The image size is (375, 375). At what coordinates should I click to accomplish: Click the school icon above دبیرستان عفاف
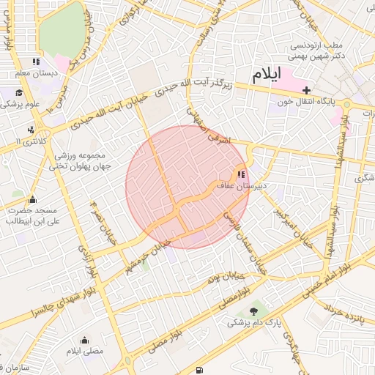(240, 174)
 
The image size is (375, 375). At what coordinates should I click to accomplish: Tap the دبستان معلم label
(36, 73)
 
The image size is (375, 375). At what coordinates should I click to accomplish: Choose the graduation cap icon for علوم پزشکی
(18, 92)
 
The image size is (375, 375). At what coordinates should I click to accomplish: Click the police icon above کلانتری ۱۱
(30, 130)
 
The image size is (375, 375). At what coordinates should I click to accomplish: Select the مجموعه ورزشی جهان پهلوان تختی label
(78, 161)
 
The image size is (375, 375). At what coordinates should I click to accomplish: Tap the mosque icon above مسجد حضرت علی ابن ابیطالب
(31, 199)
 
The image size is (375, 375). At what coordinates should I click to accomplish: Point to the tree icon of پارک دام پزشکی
(254, 311)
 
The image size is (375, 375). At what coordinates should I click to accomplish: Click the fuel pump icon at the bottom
(201, 369)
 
